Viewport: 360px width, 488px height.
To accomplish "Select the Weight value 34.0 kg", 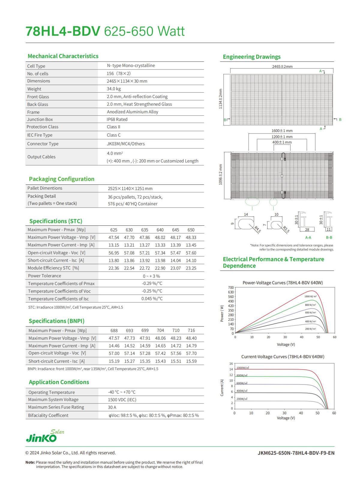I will tap(114, 89).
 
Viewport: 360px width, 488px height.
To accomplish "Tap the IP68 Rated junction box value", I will tap(117, 119).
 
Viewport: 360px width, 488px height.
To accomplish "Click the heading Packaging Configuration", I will tap(61, 179).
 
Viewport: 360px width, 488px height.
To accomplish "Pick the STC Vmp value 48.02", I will tap(160, 237).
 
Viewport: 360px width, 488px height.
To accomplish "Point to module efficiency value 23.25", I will tap(191, 268).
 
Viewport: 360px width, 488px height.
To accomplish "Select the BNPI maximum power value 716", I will tap(191, 330).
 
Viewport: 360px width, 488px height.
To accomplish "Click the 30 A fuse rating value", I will tap(112, 407).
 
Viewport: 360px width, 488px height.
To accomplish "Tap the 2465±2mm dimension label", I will tap(282, 66).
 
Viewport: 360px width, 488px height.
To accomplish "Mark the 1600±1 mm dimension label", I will tap(282, 131).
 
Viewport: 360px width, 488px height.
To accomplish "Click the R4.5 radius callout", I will tap(258, 230).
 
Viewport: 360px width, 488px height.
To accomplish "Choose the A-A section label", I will tap(308, 237).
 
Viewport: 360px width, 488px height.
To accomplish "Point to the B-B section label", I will tap(329, 237).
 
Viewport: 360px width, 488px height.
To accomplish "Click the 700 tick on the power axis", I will tap(231, 287).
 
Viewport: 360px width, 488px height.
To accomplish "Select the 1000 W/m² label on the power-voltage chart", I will tap(310, 296).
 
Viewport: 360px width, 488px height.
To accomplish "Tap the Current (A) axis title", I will tap(222, 388).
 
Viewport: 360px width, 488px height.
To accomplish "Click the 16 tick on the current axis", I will tap(231, 364).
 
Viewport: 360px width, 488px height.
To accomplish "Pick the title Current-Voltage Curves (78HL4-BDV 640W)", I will tap(283, 357).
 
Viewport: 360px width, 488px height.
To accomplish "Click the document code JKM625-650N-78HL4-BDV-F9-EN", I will tap(296, 453).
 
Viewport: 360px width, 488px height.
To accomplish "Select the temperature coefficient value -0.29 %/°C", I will tap(152, 283).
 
